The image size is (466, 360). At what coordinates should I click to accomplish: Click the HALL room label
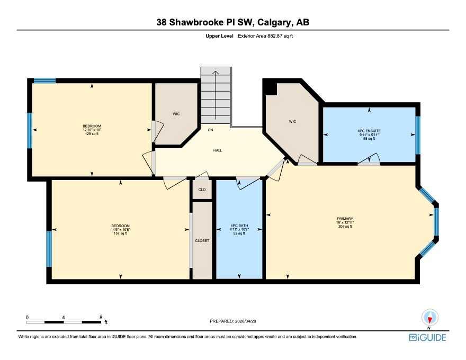pyautogui.click(x=218, y=150)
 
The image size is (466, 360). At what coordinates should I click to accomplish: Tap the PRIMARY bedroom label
pyautogui.click(x=345, y=219)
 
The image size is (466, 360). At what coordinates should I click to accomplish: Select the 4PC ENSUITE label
pyautogui.click(x=369, y=131)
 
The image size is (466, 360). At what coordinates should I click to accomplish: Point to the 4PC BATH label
pyautogui.click(x=239, y=226)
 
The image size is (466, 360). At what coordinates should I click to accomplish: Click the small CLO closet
pyautogui.click(x=202, y=190)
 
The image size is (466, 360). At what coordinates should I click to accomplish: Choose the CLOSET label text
pyautogui.click(x=202, y=240)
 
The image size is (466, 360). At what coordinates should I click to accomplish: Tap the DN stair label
pyautogui.click(x=210, y=130)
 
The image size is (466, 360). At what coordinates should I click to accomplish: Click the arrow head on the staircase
pyautogui.click(x=216, y=72)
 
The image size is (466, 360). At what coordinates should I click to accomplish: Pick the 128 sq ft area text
pyautogui.click(x=92, y=133)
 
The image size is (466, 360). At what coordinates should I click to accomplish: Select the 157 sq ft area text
pyautogui.click(x=120, y=233)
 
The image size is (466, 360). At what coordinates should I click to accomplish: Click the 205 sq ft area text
pyautogui.click(x=345, y=227)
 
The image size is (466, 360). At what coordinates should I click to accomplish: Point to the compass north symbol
pyautogui.click(x=429, y=318)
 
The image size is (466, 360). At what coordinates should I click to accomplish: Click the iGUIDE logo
pyautogui.click(x=427, y=338)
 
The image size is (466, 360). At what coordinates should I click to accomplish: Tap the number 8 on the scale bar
pyautogui.click(x=101, y=318)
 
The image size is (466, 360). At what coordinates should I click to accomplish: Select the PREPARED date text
pyautogui.click(x=233, y=321)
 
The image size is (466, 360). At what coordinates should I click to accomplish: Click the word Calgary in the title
pyautogui.click(x=274, y=22)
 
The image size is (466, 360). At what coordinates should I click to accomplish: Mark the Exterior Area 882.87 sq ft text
pyautogui.click(x=265, y=36)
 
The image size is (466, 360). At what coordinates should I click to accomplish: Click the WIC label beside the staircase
pyautogui.click(x=176, y=114)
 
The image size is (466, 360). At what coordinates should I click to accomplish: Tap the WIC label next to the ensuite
pyautogui.click(x=292, y=121)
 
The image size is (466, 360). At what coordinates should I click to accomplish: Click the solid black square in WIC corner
pyautogui.click(x=271, y=88)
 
